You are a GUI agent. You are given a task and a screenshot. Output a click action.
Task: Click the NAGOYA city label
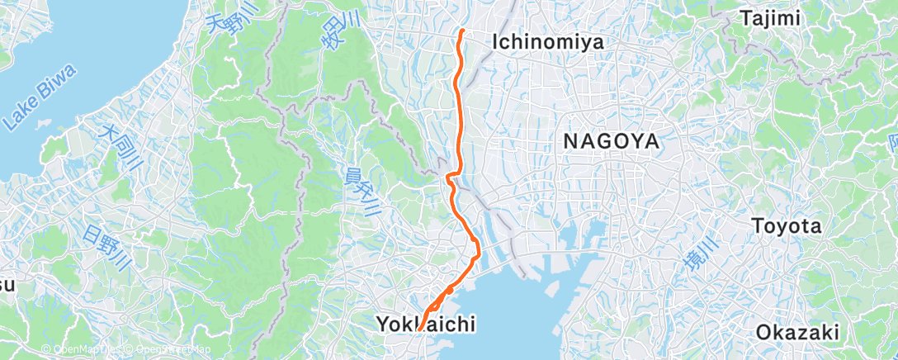coord(612,142)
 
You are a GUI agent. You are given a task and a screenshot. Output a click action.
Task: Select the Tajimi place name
coord(771,17)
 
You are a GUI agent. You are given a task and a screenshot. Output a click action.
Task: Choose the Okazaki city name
coord(798,333)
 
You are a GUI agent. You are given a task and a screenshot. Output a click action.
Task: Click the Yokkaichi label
coord(427,324)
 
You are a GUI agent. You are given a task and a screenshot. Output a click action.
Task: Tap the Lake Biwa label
coord(39,98)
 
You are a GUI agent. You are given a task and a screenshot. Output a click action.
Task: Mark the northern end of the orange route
coord(462,31)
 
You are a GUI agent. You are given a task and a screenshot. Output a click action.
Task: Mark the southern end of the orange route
coord(419,330)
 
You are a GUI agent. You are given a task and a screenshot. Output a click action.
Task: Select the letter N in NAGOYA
coord(571,142)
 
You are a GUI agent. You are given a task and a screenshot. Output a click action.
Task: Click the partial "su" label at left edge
coord(6,286)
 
